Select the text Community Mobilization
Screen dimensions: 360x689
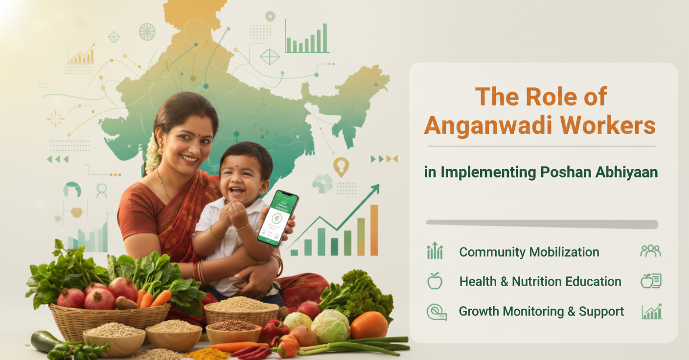(x=529, y=252)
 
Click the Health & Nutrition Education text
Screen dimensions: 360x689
(x=540, y=281)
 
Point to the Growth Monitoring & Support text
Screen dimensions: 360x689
(x=541, y=311)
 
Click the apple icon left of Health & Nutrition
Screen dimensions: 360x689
(x=435, y=281)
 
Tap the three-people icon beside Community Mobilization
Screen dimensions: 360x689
(x=650, y=251)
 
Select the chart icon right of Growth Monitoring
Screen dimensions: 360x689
(x=651, y=312)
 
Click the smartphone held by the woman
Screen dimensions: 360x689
(x=278, y=218)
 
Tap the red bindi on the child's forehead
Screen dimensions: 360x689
(x=236, y=166)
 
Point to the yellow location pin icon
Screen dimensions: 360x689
(x=341, y=166)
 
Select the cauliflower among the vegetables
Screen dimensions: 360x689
(x=330, y=326)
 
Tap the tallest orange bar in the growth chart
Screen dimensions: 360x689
(x=374, y=230)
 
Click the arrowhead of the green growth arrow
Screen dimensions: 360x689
(x=375, y=188)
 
